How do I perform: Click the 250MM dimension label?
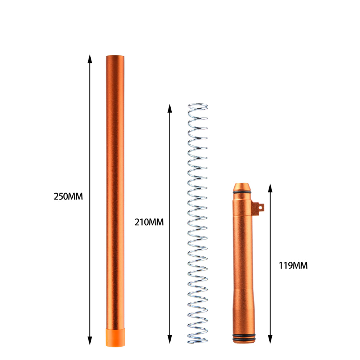tap(68, 197)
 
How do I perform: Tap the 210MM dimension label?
tap(149, 222)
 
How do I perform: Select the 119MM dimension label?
tap(293, 265)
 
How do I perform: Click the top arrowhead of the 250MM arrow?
tap(90, 59)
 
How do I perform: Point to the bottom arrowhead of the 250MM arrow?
tap(90, 341)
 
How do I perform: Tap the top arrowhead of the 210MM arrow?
tap(170, 108)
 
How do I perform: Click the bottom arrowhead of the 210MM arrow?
tap(170, 339)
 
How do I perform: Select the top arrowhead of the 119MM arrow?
tap(270, 188)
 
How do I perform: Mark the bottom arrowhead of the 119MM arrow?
tap(270, 339)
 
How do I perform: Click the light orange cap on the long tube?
tap(115, 337)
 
